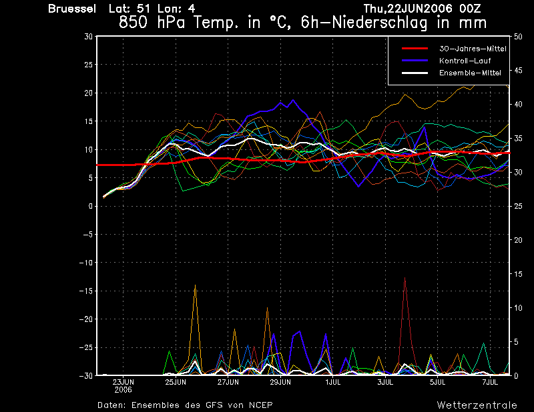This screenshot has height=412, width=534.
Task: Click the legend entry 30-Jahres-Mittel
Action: pos(473,49)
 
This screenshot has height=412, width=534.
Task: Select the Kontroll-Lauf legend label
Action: pos(465,61)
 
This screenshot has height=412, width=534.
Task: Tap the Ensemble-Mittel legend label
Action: pos(470,73)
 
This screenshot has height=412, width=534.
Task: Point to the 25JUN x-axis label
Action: pos(176,382)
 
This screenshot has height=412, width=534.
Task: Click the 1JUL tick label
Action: pos(332,382)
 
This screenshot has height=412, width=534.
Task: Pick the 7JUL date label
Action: pos(490,382)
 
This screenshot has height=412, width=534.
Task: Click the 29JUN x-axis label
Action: pos(280,382)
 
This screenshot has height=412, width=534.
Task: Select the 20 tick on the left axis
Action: pos(89,93)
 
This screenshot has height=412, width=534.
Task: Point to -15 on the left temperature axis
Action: pos(86,291)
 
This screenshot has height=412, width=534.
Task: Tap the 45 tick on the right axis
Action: pos(518,71)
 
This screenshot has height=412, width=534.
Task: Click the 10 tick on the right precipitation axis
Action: pos(518,308)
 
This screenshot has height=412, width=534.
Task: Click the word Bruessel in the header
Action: pos(72,9)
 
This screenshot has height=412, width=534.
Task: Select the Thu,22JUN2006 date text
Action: pos(409,9)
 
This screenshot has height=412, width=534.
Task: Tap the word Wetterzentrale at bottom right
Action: pos(477,405)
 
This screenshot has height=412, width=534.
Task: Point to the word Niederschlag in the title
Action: pos(379,23)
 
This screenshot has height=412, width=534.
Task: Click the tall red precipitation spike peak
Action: pos(405,277)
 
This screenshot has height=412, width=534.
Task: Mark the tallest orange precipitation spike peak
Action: pos(195,285)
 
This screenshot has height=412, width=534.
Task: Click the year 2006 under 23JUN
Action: pos(123,389)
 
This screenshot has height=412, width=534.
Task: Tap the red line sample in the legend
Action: pos(415,49)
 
